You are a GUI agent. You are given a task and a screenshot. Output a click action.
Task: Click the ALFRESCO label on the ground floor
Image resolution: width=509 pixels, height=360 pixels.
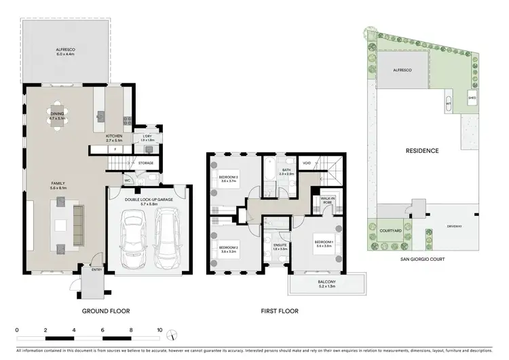point(66,50)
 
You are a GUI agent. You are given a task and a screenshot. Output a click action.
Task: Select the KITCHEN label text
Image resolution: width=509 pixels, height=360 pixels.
point(114,137)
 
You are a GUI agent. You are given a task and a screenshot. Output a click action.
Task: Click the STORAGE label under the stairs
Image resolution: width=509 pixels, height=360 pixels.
point(146,163)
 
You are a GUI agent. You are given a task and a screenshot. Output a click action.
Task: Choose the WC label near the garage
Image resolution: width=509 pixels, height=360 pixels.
point(128,181)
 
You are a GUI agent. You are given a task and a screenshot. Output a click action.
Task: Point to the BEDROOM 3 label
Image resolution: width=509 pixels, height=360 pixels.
point(226,178)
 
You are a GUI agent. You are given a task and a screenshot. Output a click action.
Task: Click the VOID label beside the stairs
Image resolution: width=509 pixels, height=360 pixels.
point(307,163)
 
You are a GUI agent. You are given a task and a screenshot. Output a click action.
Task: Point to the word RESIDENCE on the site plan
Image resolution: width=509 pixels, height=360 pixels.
point(422,151)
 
